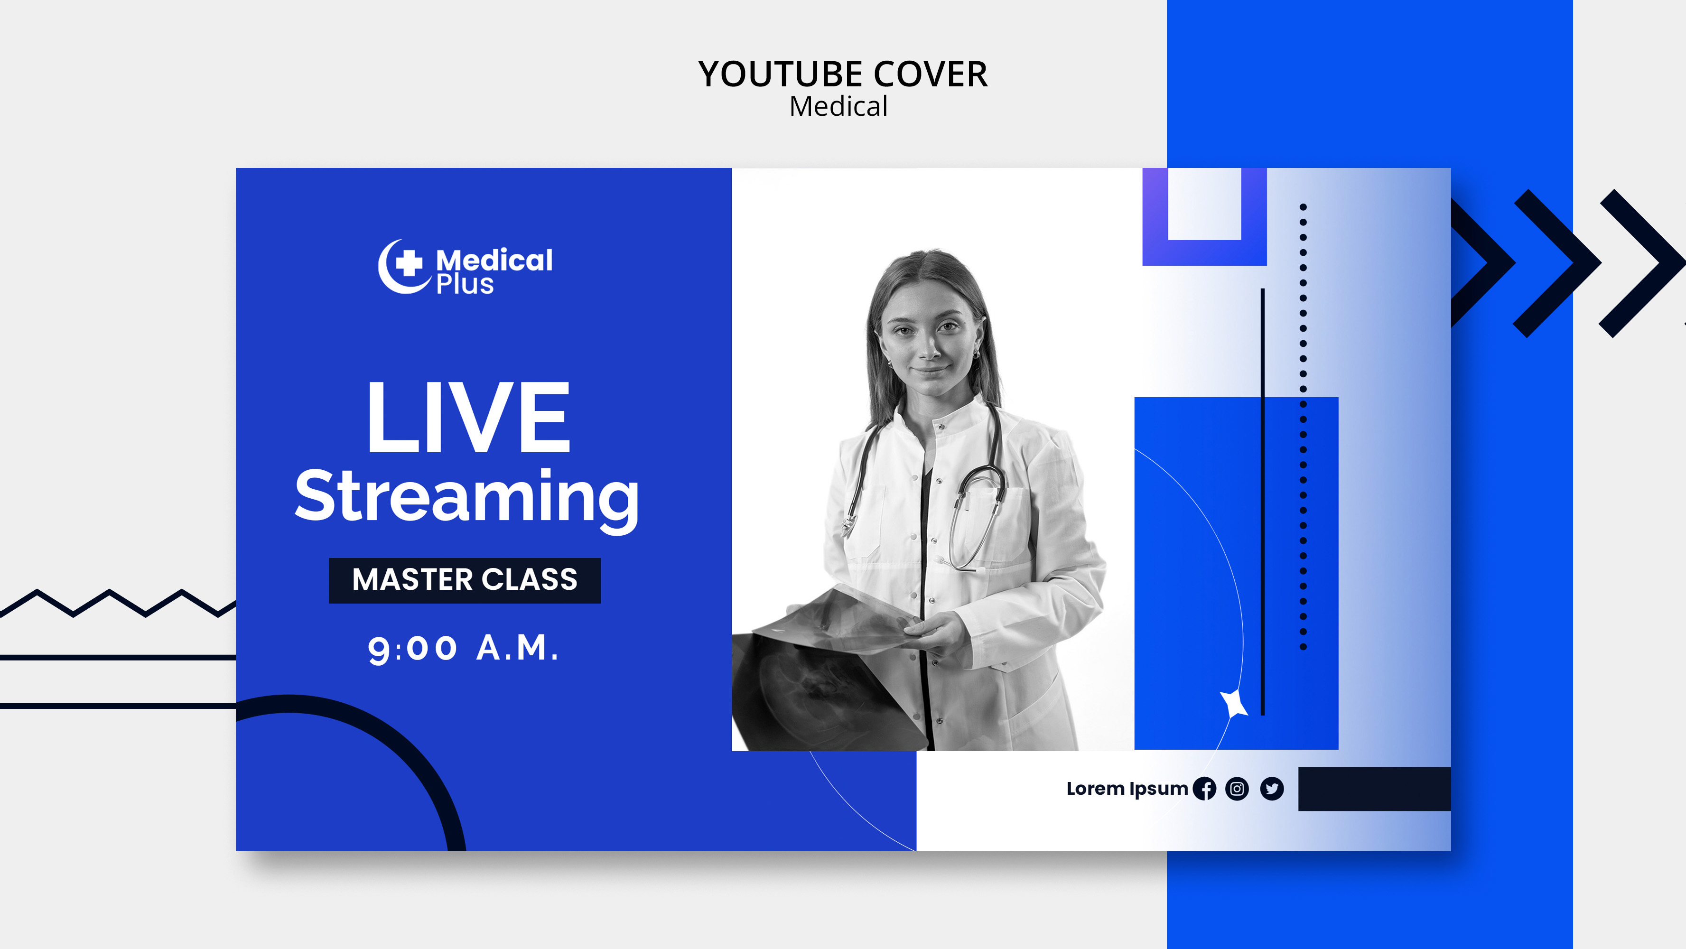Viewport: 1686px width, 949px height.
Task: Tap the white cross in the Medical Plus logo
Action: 409,263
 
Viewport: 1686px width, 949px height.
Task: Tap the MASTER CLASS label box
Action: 465,580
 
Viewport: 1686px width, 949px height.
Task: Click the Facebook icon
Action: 1204,789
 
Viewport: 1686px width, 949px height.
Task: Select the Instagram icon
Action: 1237,789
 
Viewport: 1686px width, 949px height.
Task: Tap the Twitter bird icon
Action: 1272,789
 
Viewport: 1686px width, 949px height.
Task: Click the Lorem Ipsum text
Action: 1127,789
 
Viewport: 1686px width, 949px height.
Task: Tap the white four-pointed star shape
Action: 1234,704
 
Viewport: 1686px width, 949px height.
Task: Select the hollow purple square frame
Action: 1204,252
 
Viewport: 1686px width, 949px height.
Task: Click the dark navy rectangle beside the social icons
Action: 1374,789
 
